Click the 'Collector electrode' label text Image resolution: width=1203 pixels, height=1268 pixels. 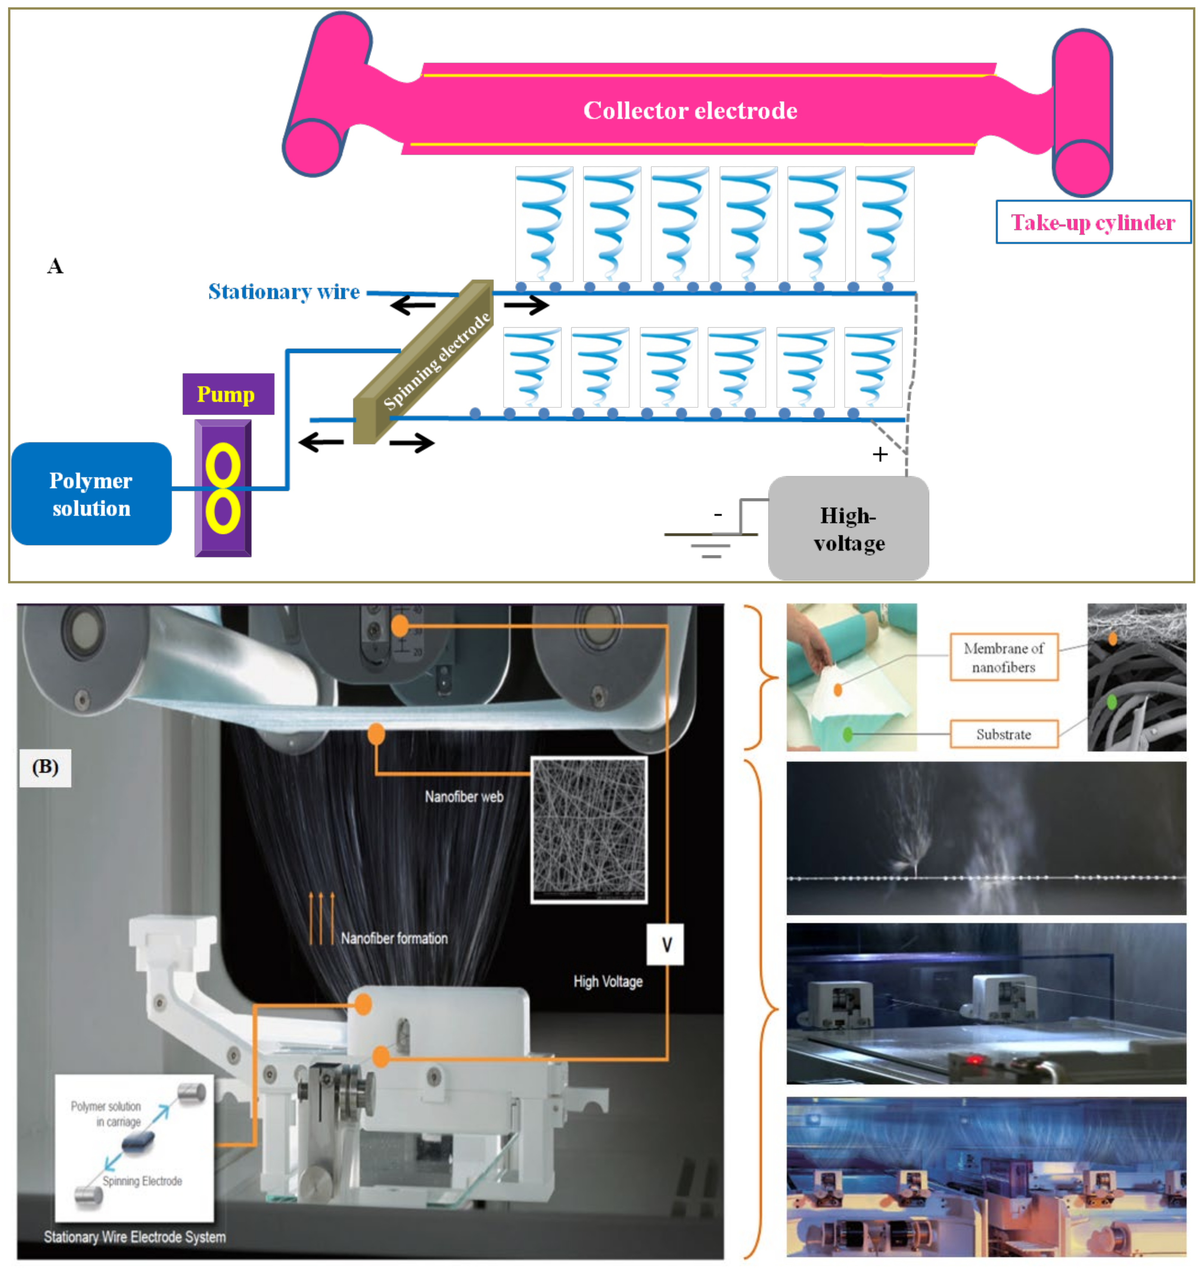[690, 110]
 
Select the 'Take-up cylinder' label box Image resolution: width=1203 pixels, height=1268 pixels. [1093, 222]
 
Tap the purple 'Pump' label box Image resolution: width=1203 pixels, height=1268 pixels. [228, 394]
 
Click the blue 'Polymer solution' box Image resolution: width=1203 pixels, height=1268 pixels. [91, 494]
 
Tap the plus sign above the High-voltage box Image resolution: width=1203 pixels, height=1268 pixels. [880, 454]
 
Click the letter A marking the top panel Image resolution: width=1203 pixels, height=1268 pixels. [55, 265]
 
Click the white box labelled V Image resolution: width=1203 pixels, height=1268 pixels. [666, 944]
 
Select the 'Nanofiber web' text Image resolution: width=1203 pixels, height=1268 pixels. [464, 797]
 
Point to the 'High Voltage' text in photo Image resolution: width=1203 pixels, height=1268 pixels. [607, 981]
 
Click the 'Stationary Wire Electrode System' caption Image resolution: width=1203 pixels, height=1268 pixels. [135, 1237]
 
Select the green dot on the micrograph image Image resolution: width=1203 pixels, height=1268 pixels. [1112, 702]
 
